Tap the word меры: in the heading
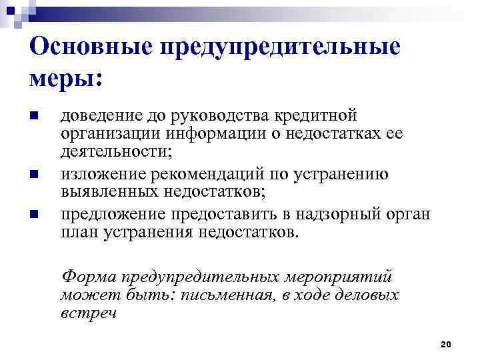click(x=66, y=78)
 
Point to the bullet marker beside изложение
click(x=34, y=177)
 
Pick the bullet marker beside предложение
click(x=34, y=215)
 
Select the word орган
click(x=411, y=215)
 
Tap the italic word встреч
click(x=87, y=313)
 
